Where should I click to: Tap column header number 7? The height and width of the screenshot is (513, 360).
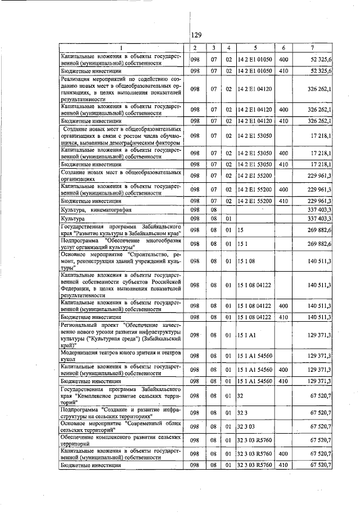coord(312,47)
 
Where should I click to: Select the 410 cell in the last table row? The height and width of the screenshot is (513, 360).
coord(283,465)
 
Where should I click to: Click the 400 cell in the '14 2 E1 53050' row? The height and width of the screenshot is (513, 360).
coord(283,153)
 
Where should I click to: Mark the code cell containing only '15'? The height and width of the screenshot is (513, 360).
coord(240,230)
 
